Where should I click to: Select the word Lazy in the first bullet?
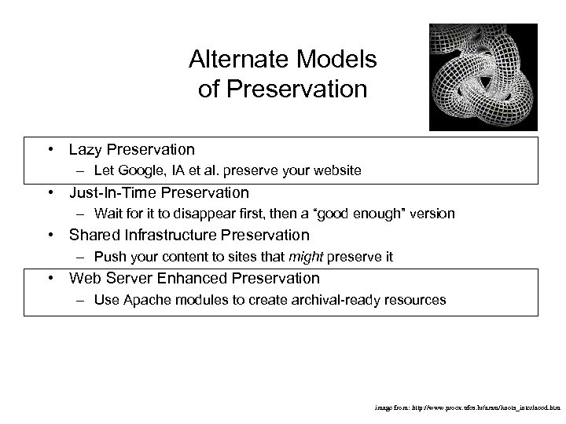click(86, 149)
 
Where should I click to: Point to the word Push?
click(108, 256)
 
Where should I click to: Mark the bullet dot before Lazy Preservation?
click(50, 149)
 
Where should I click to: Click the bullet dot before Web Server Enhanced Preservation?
click(50, 278)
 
